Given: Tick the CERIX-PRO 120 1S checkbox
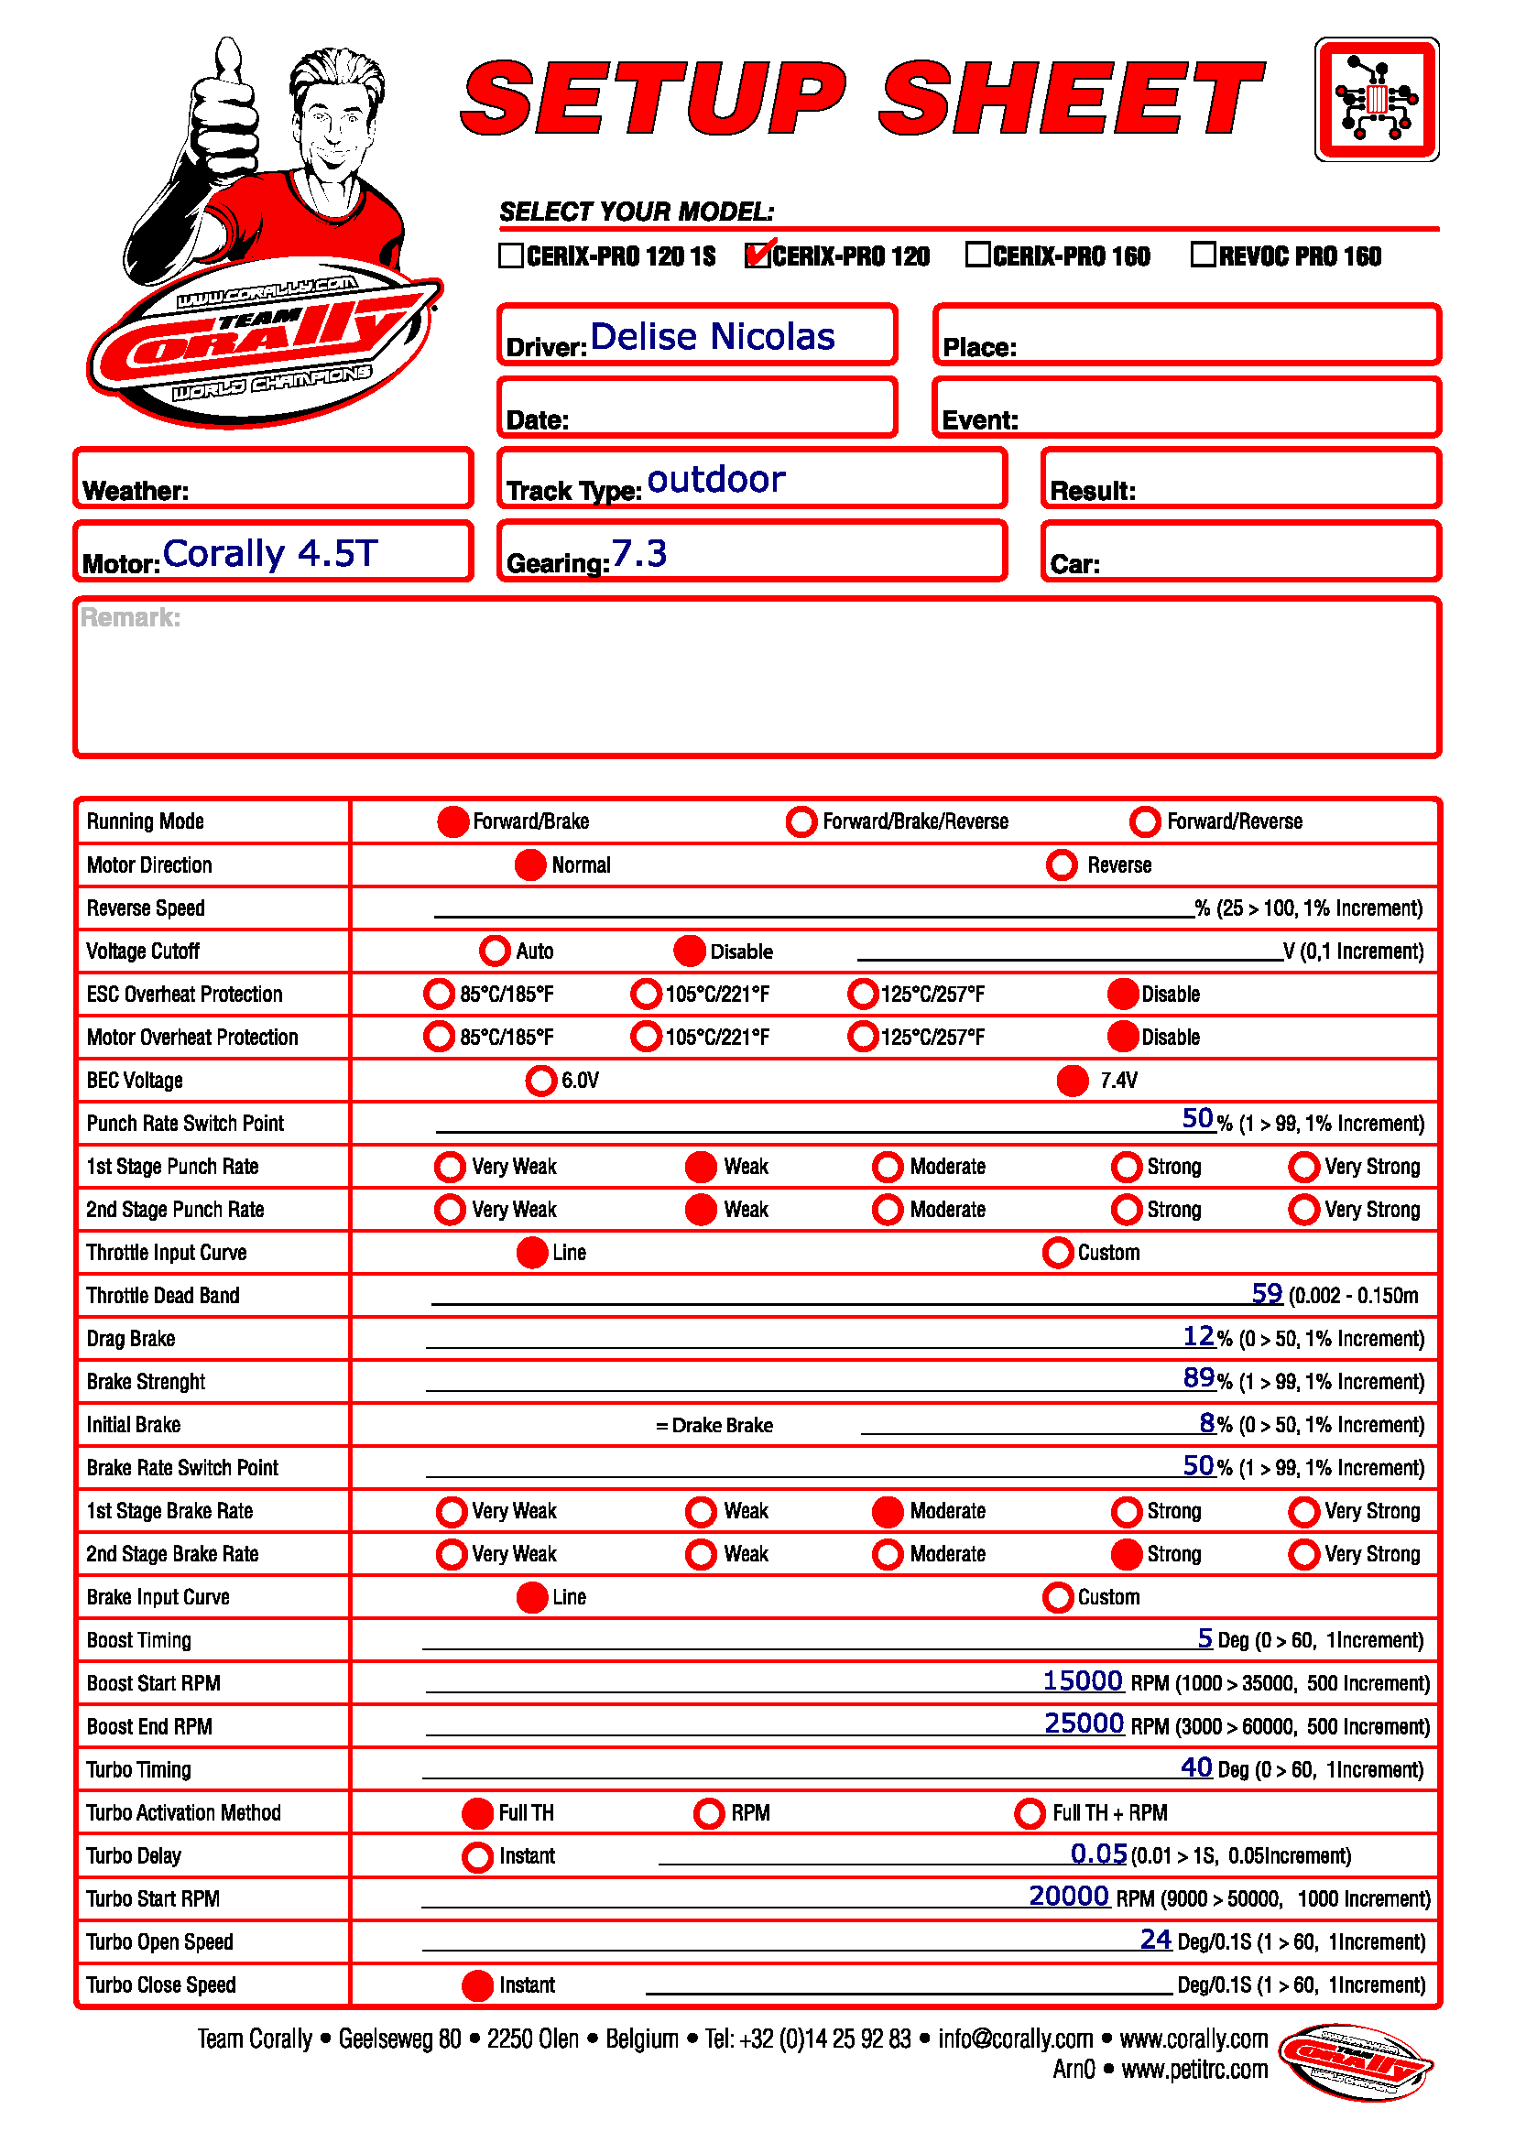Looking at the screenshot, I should [x=510, y=255].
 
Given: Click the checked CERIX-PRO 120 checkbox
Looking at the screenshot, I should [x=757, y=255].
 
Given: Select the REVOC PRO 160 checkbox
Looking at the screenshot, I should [x=1203, y=255].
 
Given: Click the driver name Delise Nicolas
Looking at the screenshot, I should [x=712, y=337].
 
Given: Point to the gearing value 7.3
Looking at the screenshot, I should [x=639, y=553].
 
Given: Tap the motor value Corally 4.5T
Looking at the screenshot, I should [x=269, y=553].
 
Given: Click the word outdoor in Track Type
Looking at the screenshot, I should [x=715, y=480].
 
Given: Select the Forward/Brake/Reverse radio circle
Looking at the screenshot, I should [x=801, y=821].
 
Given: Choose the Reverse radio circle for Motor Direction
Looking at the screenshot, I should [x=1061, y=864].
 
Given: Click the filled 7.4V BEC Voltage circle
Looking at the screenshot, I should [x=1072, y=1081].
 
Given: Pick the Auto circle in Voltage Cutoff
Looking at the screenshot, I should [x=495, y=951].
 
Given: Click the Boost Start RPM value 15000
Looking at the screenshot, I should [x=1082, y=1680].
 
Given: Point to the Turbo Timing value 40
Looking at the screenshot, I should [x=1196, y=1767].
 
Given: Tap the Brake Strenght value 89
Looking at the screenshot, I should [x=1199, y=1378].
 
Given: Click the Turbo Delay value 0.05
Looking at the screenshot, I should [x=1098, y=1853].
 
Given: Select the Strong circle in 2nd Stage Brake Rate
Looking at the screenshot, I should [x=1126, y=1554].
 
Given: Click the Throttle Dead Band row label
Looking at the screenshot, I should [x=163, y=1296].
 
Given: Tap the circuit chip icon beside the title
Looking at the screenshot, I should [x=1376, y=99].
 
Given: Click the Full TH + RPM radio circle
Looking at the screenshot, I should [x=1029, y=1812].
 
